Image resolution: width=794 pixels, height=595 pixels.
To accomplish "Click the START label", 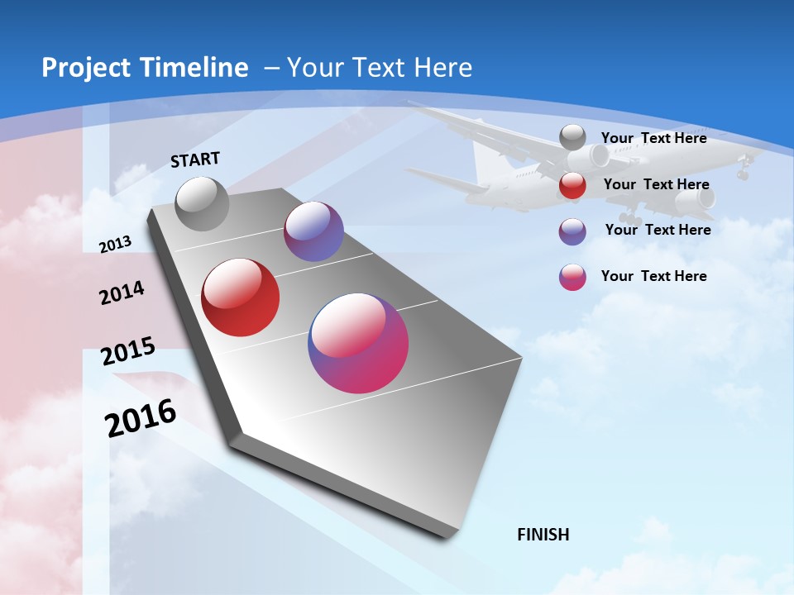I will click(195, 159).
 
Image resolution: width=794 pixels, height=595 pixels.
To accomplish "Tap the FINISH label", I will click(543, 535).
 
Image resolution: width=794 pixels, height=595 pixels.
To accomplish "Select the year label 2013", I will click(116, 244).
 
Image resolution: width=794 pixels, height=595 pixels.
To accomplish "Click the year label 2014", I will click(122, 293).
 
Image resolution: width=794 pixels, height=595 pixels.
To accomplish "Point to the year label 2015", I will click(128, 351).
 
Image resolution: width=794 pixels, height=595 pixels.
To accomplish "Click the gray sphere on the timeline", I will click(203, 203).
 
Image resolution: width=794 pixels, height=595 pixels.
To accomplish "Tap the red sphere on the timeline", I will click(241, 297).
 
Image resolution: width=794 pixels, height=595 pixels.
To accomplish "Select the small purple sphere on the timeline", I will click(313, 231).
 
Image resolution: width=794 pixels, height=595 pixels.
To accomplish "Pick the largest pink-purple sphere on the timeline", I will click(358, 343).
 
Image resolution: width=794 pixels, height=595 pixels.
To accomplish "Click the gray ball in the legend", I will click(572, 137).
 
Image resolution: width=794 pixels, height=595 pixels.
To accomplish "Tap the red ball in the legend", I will click(572, 185).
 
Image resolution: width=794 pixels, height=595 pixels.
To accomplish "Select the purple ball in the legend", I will click(572, 231).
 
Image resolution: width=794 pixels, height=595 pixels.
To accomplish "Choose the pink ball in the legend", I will click(572, 277).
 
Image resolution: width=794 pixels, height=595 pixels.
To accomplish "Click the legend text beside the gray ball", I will click(653, 138).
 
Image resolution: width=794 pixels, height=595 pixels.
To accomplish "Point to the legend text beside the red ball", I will click(656, 184).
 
